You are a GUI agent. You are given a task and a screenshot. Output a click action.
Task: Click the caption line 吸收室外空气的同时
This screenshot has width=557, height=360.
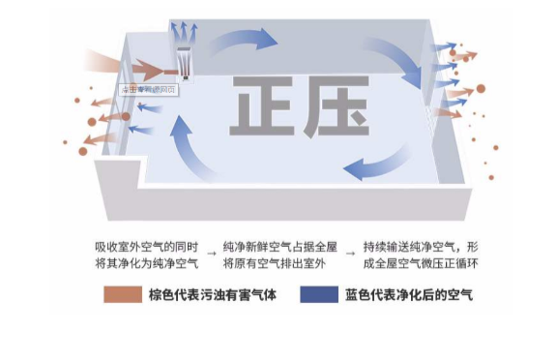coord(146,246)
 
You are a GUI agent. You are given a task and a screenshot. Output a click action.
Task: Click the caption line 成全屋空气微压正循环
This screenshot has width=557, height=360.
coord(422,263)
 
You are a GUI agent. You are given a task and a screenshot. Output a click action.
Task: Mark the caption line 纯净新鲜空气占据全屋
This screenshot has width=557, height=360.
coord(280,246)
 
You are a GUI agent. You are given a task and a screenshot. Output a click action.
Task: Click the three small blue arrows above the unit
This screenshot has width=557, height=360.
coord(182,30)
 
